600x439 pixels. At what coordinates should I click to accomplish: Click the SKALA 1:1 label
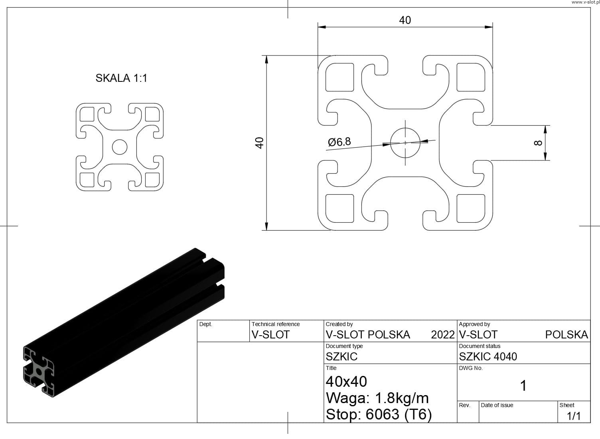121,78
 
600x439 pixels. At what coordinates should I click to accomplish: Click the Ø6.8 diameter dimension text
339,142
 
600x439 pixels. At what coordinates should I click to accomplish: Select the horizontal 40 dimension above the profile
405,20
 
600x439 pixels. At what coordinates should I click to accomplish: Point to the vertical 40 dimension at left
260,143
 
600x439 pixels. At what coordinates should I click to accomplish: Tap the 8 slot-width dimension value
538,143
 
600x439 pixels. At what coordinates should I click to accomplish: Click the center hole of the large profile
405,143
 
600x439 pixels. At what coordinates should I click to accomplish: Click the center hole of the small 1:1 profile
119,147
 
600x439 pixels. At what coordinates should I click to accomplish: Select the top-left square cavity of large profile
339,77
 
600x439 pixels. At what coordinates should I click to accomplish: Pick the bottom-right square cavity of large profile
471,208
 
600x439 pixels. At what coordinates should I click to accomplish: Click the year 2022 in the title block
443,334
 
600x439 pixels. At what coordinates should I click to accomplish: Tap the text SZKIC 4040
488,356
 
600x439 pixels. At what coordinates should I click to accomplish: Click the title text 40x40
346,382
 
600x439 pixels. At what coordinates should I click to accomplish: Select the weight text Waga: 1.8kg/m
377,398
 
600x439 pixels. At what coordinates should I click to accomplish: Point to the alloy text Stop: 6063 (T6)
379,414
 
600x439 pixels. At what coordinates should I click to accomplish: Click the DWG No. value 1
523,386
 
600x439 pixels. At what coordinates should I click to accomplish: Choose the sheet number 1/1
574,416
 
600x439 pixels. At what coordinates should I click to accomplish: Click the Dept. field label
206,324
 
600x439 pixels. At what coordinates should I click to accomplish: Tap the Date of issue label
497,405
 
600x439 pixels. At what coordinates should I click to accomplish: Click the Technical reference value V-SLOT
270,334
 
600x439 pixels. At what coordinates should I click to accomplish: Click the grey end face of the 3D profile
39,371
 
